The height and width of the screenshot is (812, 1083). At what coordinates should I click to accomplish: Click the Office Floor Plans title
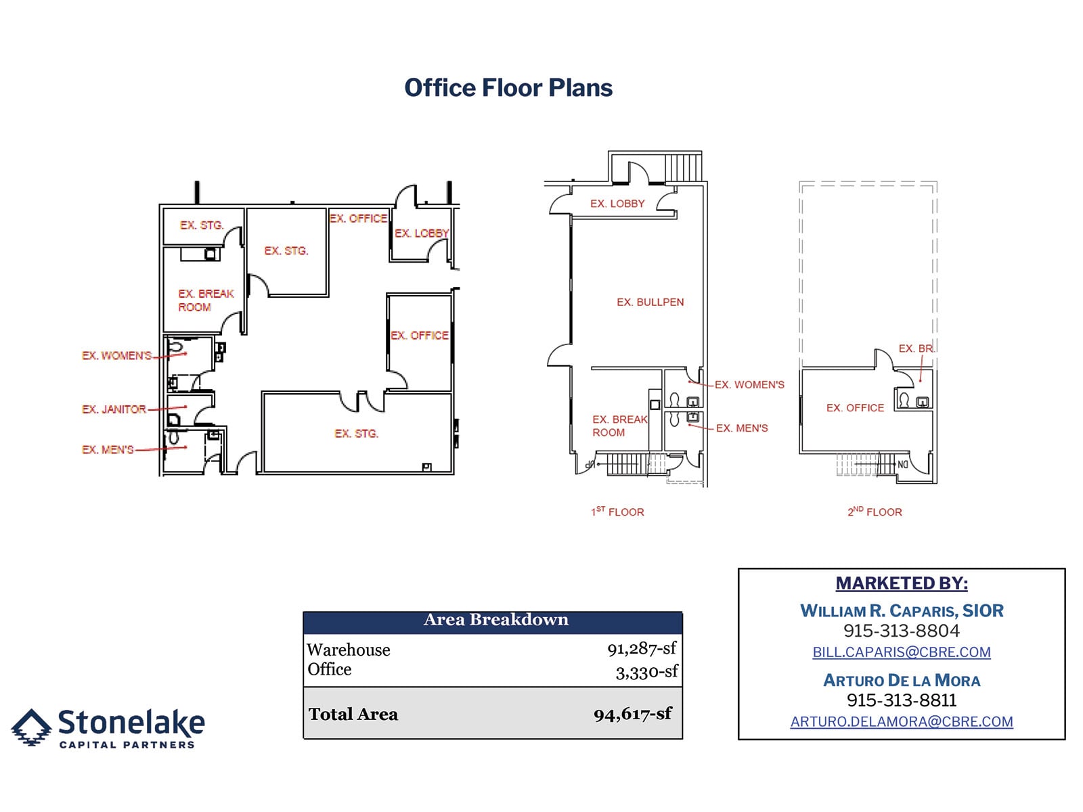click(x=508, y=88)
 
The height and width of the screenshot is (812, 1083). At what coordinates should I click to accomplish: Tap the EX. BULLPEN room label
click(x=650, y=302)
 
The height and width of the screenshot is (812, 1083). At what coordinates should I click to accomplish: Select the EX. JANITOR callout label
click(x=114, y=409)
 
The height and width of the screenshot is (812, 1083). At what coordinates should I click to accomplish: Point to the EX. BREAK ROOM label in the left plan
click(x=206, y=300)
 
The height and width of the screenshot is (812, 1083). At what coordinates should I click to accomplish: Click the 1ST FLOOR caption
click(x=617, y=512)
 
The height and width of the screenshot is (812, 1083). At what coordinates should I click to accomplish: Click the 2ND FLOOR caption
click(x=875, y=512)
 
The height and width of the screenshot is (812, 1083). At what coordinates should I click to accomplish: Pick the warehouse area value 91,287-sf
click(x=641, y=649)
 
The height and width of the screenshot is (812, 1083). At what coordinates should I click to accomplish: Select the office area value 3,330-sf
click(x=646, y=672)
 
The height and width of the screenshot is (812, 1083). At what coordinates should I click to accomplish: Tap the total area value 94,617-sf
click(x=632, y=714)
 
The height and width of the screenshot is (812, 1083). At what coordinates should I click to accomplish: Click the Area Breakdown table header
click(x=495, y=620)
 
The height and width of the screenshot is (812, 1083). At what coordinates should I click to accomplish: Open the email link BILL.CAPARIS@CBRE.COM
click(x=902, y=652)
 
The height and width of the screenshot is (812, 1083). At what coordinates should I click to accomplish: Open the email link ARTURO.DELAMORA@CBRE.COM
click(x=902, y=722)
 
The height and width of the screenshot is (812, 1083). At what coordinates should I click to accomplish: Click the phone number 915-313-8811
click(x=902, y=700)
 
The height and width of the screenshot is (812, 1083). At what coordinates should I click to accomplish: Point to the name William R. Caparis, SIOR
click(x=902, y=611)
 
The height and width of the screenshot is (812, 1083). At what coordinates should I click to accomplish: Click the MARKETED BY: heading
click(x=902, y=583)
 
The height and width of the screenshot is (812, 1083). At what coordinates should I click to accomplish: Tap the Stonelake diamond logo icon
click(x=31, y=727)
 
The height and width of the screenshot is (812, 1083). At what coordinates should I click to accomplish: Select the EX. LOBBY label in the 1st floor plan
click(x=617, y=204)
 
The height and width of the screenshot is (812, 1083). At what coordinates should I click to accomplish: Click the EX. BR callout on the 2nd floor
click(x=915, y=348)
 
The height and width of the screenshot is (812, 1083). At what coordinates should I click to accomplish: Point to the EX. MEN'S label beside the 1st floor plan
click(x=742, y=428)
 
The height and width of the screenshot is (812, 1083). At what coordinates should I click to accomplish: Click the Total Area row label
click(x=353, y=715)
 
